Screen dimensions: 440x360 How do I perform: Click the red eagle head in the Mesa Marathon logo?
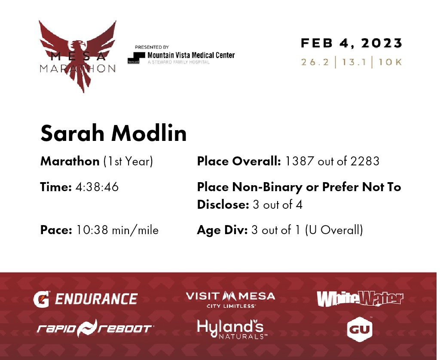tap(77, 46)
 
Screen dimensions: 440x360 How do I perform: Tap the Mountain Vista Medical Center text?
tap(191, 55)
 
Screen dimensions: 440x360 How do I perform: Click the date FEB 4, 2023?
tap(351, 43)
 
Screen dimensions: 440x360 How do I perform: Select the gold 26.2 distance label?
tap(315, 62)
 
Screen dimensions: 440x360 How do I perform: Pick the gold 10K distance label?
tap(390, 62)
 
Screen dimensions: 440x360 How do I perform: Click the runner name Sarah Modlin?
tap(113, 133)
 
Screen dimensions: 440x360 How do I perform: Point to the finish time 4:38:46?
tap(97, 187)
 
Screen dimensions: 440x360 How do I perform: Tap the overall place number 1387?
tap(299, 161)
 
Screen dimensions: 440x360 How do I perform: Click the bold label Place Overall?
tap(239, 161)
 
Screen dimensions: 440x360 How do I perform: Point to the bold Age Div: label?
tap(222, 230)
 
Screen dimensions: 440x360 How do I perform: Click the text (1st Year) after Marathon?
tap(128, 162)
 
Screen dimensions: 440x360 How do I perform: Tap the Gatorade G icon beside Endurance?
tap(42, 299)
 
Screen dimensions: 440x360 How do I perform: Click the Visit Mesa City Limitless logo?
tap(230, 300)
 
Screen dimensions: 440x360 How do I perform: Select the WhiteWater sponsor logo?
tap(360, 299)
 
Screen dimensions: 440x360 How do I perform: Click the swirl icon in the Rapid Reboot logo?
tap(87, 328)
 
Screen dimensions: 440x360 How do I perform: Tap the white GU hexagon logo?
tap(360, 329)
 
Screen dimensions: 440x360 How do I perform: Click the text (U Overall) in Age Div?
tap(334, 230)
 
